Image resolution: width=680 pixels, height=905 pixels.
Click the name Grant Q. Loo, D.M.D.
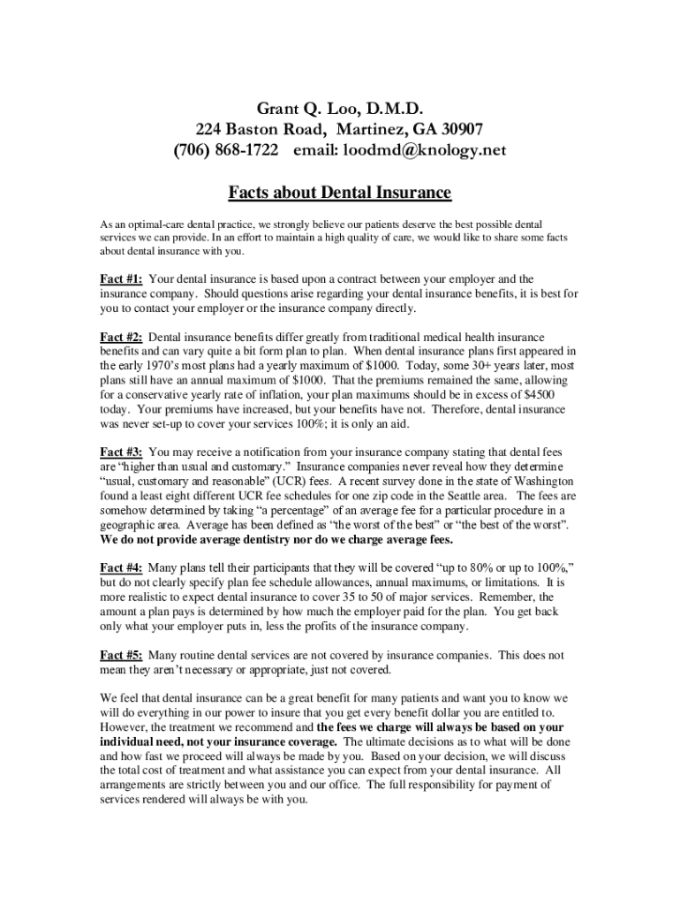coord(340,110)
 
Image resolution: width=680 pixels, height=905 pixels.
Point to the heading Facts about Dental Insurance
coord(340,192)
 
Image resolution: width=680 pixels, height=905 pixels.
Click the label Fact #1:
coord(122,279)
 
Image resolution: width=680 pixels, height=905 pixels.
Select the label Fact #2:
coord(122,337)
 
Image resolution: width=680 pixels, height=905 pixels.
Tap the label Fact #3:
coord(122,452)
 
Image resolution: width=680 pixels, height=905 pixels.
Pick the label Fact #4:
coord(122,567)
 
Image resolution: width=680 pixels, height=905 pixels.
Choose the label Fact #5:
coord(122,655)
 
